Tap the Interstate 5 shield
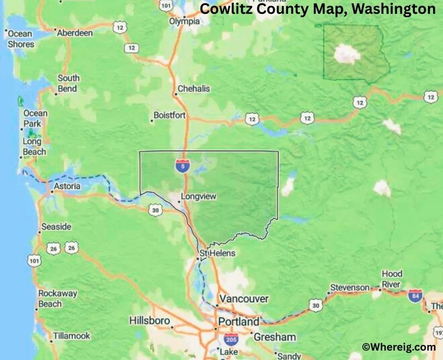coord(182,164)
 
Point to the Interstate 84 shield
coord(415,296)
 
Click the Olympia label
coord(184,22)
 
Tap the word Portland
coord(238,322)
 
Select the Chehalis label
coord(193,89)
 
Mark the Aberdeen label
coord(74,33)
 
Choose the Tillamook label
coord(71,336)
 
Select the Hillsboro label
coord(150,321)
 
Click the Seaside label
coord(56,227)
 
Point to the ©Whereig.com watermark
coord(399,347)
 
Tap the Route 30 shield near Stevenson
coord(316,305)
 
